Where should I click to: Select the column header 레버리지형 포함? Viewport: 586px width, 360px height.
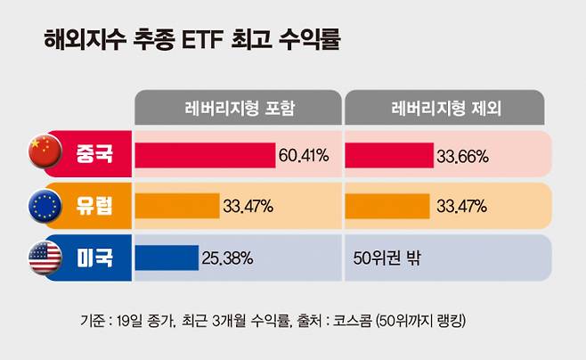[x=237, y=108]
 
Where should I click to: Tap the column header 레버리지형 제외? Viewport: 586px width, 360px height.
[x=446, y=108]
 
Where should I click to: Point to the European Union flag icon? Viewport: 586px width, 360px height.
[x=42, y=207]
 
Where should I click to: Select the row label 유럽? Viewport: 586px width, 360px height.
[x=94, y=207]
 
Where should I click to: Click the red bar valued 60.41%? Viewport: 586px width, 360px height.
[x=205, y=155]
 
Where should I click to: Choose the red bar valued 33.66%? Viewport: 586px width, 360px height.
[x=388, y=155]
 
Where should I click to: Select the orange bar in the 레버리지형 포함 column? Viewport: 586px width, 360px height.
[x=176, y=207]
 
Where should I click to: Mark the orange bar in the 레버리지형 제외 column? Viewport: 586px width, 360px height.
[x=388, y=207]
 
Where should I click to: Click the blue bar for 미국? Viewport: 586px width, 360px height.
[x=167, y=258]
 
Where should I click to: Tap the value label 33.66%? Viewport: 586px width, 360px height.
[x=461, y=156]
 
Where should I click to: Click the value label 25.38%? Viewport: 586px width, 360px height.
[x=229, y=259]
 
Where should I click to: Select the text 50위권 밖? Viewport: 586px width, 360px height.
[x=386, y=259]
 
